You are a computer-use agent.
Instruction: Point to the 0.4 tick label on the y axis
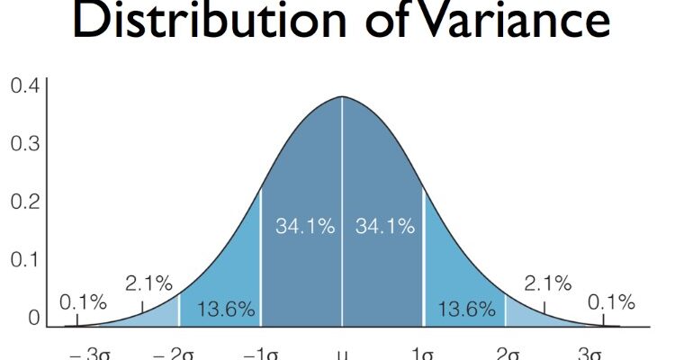[24, 86]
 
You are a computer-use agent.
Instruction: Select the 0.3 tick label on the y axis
[24, 143]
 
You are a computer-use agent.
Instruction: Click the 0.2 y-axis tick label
[24, 201]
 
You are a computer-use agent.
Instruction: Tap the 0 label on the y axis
[33, 317]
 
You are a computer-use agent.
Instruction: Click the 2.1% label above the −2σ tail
[148, 284]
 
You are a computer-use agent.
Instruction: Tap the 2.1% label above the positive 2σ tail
[547, 284]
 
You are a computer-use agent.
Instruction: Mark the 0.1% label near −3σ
[83, 302]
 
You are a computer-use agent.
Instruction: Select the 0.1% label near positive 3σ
[611, 302]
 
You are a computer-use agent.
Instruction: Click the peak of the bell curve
[342, 97]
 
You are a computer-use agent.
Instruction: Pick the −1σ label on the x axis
[262, 353]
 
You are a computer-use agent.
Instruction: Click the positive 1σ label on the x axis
[424, 353]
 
